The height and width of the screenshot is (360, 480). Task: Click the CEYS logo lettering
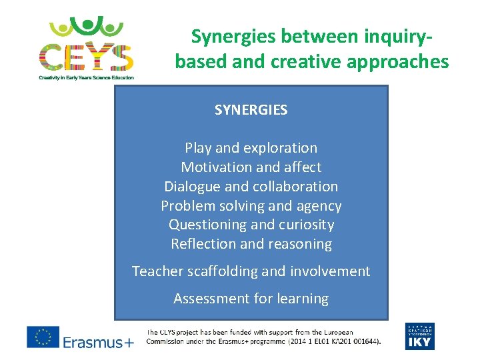point(86,57)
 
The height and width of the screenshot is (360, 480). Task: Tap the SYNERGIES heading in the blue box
point(251,110)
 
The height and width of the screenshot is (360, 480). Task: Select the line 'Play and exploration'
point(251,148)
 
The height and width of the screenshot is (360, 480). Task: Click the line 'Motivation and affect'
point(251,167)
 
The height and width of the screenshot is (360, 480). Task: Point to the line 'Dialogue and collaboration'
point(251,187)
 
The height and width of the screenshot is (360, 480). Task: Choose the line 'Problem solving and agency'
point(251,206)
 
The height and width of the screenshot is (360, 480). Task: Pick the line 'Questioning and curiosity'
point(251,225)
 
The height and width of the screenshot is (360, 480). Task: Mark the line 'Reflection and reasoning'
point(251,244)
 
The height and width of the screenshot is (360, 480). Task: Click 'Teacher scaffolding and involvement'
point(251,271)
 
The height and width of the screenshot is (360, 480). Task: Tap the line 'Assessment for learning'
point(251,299)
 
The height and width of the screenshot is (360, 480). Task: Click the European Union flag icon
point(43,337)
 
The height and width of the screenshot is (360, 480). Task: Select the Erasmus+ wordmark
point(99,342)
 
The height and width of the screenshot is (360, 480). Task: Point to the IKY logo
point(419,337)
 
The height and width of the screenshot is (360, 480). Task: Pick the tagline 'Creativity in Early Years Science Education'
point(86,78)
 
